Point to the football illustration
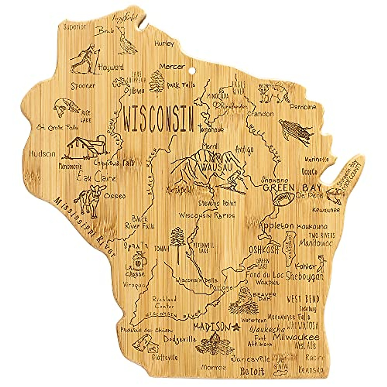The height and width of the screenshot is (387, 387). [x=283, y=199]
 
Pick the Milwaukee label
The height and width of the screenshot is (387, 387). [x=296, y=337]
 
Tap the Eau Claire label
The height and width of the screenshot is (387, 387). [x=96, y=177]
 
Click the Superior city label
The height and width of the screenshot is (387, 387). [x=75, y=27]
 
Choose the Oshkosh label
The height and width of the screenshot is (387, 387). [x=263, y=250]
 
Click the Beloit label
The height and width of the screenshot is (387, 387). [x=252, y=372]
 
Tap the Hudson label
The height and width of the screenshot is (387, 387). [x=42, y=154]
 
